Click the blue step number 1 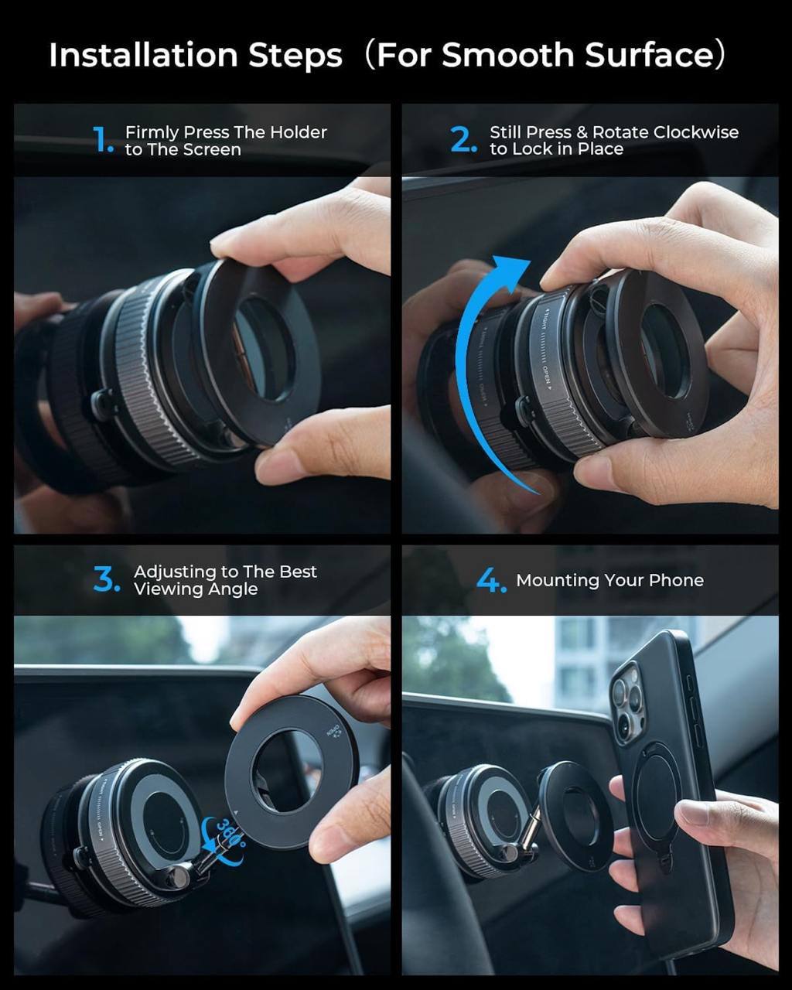pyautogui.click(x=102, y=141)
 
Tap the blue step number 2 pyautogui.click(x=463, y=140)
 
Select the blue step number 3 pyautogui.click(x=106, y=580)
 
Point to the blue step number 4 pyautogui.click(x=491, y=581)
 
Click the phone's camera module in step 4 pyautogui.click(x=628, y=700)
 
